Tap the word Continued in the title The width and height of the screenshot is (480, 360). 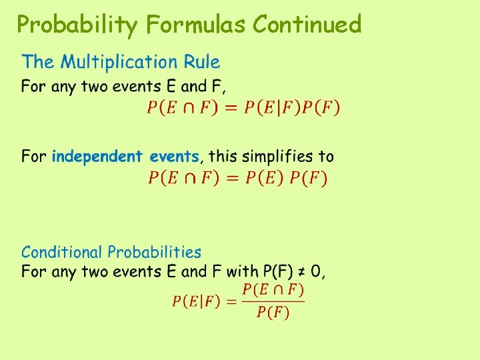coord(307,25)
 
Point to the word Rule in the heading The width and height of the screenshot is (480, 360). coord(203,63)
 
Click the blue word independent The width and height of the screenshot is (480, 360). coord(97,157)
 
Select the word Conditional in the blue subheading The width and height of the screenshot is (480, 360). coord(63,252)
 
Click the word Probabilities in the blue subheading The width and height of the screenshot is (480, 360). coord(154,252)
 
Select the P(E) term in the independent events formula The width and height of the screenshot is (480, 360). coord(263,177)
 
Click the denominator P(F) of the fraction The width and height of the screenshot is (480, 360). coord(272,313)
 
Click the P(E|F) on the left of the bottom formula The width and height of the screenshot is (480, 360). coord(196,301)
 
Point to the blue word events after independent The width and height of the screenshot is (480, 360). coord(174,157)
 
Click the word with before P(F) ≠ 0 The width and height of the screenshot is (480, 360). coord(243,271)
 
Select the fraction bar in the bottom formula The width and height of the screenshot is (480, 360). coord(273,301)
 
